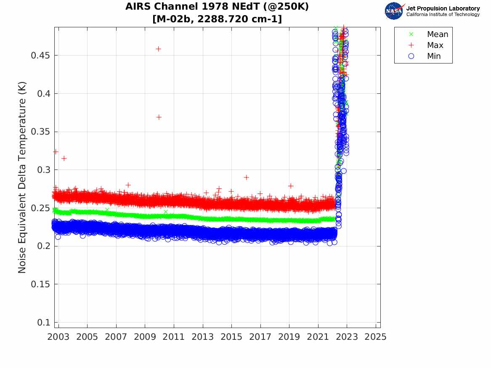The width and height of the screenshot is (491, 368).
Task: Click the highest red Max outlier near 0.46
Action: point(158,49)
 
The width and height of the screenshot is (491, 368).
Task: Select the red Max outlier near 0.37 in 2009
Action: point(159,117)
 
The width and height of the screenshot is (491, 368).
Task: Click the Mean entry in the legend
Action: point(437,34)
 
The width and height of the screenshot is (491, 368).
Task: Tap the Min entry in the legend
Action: point(434,56)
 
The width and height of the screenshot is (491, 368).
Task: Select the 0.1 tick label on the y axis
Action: point(44,322)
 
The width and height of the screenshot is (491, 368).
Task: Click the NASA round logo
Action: point(394,11)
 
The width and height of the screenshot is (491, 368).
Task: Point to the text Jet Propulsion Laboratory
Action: point(443,8)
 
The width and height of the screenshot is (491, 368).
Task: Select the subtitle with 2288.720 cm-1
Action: point(217,19)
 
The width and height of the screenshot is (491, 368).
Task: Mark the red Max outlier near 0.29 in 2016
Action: point(246,177)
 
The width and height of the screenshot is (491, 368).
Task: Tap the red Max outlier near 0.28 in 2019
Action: point(291,185)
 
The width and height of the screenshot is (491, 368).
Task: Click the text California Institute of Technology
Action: point(443,15)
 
